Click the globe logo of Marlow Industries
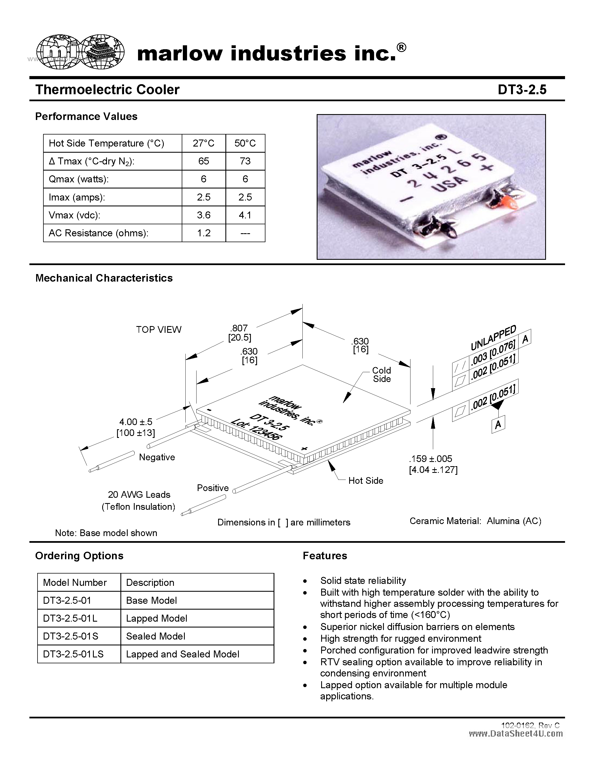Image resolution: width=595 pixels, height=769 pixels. (80, 52)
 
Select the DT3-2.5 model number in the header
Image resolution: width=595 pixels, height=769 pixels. (522, 90)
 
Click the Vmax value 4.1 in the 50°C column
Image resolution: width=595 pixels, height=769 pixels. (245, 215)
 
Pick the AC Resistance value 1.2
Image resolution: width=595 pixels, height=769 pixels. (204, 233)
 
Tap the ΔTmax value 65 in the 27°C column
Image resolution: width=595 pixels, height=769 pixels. (204, 161)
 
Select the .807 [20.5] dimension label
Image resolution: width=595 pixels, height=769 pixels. (239, 333)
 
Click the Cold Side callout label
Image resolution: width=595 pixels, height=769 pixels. (382, 375)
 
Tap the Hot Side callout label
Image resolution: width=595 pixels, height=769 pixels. (365, 481)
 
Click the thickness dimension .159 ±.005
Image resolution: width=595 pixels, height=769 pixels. (430, 459)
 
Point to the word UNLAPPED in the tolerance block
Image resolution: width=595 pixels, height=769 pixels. (493, 338)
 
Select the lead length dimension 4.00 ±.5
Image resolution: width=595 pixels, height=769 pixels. (136, 422)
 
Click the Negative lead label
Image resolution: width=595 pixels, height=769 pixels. (157, 457)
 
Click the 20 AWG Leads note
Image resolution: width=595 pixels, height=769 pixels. (139, 495)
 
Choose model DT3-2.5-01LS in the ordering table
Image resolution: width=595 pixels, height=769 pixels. (73, 654)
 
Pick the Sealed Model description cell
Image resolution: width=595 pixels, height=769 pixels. (155, 636)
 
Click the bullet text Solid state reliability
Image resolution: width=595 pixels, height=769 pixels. (363, 581)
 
